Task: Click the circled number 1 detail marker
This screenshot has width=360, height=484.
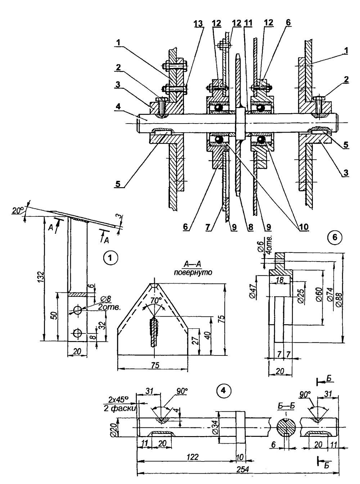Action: click(x=110, y=258)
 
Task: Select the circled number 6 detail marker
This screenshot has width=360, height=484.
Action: click(x=335, y=237)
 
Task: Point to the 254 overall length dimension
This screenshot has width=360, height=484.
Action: click(x=243, y=468)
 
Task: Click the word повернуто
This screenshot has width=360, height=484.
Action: click(x=193, y=273)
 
